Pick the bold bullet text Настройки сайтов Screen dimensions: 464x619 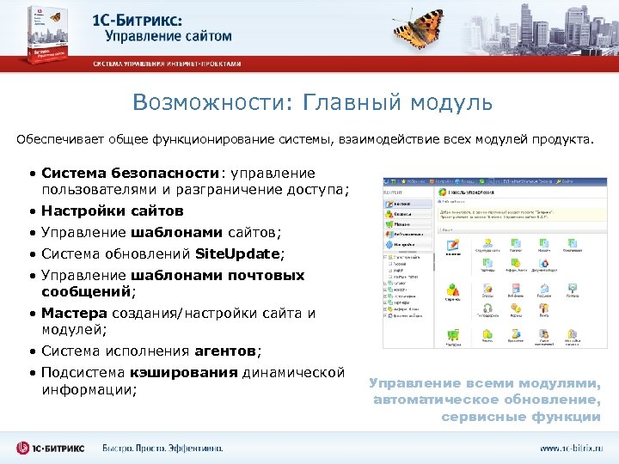click(x=113, y=211)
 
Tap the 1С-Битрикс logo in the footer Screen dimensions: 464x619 click(x=52, y=448)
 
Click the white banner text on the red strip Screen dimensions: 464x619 click(x=168, y=64)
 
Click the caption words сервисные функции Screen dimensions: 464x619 click(x=521, y=417)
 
